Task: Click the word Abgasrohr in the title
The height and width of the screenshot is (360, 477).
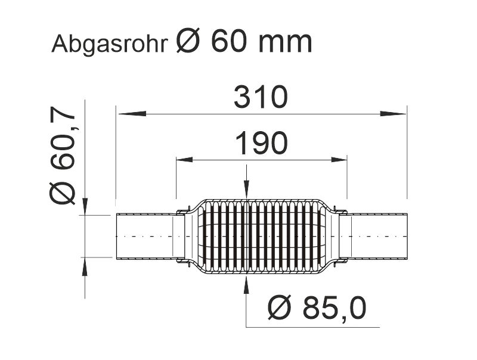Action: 110,44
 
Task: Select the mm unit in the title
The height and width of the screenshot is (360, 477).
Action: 285,44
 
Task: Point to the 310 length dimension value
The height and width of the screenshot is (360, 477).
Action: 261,97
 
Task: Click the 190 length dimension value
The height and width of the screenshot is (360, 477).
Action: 261,143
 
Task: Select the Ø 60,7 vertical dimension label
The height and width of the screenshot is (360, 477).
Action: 62,156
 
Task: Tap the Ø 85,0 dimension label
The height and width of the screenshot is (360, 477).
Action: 317,308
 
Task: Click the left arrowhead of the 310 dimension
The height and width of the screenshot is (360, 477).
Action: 132,114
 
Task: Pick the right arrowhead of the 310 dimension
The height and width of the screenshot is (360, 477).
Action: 393,114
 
